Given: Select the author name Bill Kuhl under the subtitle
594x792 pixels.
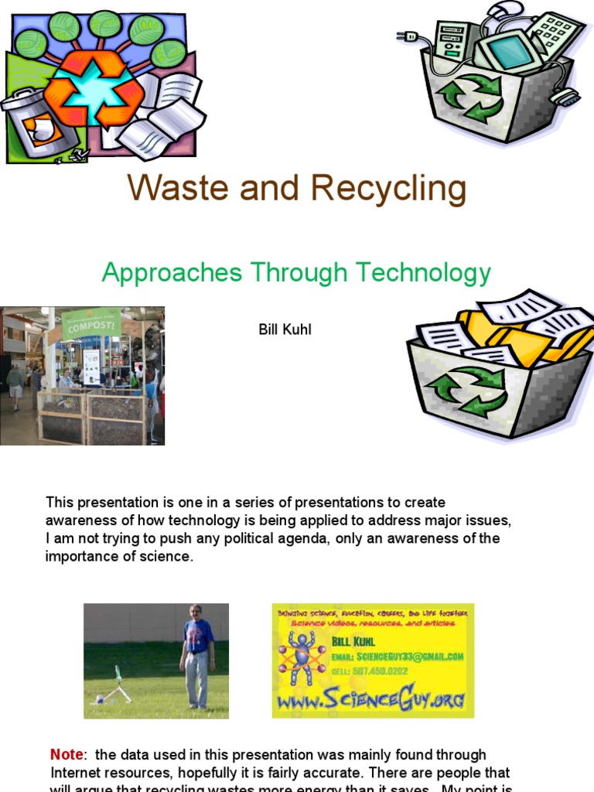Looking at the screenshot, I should coord(285,330).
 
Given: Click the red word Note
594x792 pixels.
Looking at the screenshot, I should coord(67,755).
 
